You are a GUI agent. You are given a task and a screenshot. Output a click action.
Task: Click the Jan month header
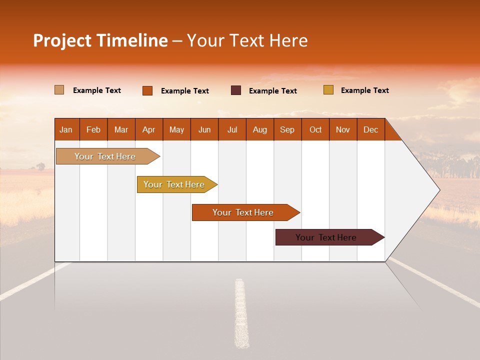pos(66,129)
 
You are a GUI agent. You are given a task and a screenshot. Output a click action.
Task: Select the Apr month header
pos(149,129)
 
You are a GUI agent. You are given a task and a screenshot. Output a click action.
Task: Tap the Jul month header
pos(232,129)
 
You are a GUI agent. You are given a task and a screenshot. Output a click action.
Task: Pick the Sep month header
pos(287,129)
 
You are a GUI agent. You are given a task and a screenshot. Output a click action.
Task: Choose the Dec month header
pos(370,129)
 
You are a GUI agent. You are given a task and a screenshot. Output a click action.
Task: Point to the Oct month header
pos(315,129)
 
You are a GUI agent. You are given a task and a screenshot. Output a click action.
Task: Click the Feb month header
pos(93,129)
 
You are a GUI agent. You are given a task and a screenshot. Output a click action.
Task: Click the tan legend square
pos(59,90)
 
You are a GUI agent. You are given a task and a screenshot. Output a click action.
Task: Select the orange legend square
pos(147,90)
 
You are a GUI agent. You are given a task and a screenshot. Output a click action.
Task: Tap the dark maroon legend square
pos(236,90)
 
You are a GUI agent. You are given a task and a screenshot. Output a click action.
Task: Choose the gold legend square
pos(328,90)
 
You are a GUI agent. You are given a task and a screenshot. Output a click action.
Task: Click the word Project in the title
pos(62,40)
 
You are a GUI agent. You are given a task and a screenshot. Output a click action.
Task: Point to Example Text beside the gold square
pos(364,90)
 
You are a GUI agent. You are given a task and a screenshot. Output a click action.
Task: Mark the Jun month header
pos(204,129)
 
